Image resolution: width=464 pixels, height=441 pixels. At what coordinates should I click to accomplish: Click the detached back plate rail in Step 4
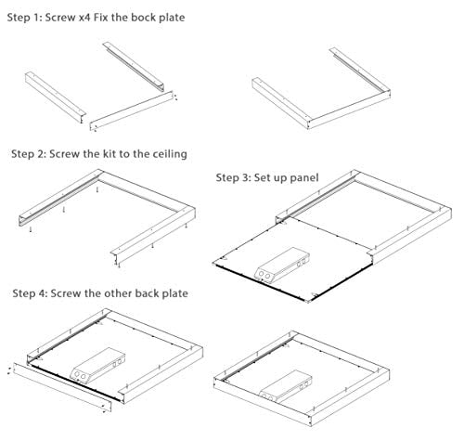(65, 385)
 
